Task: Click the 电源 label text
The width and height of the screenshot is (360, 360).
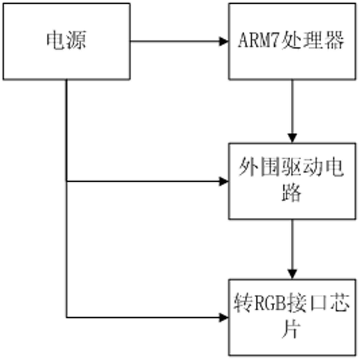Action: point(66,41)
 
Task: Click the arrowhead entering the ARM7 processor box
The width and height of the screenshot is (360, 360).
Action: point(224,41)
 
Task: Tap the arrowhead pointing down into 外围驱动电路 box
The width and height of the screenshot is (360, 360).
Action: point(292,138)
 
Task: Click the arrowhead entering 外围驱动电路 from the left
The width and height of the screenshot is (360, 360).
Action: point(224,182)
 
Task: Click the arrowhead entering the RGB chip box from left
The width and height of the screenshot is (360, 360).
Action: point(224,317)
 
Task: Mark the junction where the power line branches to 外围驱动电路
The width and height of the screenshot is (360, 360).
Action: point(67,182)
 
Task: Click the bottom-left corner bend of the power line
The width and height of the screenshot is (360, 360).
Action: point(67,317)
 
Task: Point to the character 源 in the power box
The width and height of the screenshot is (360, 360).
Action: point(76,41)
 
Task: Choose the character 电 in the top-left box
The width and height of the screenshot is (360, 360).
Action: point(56,41)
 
